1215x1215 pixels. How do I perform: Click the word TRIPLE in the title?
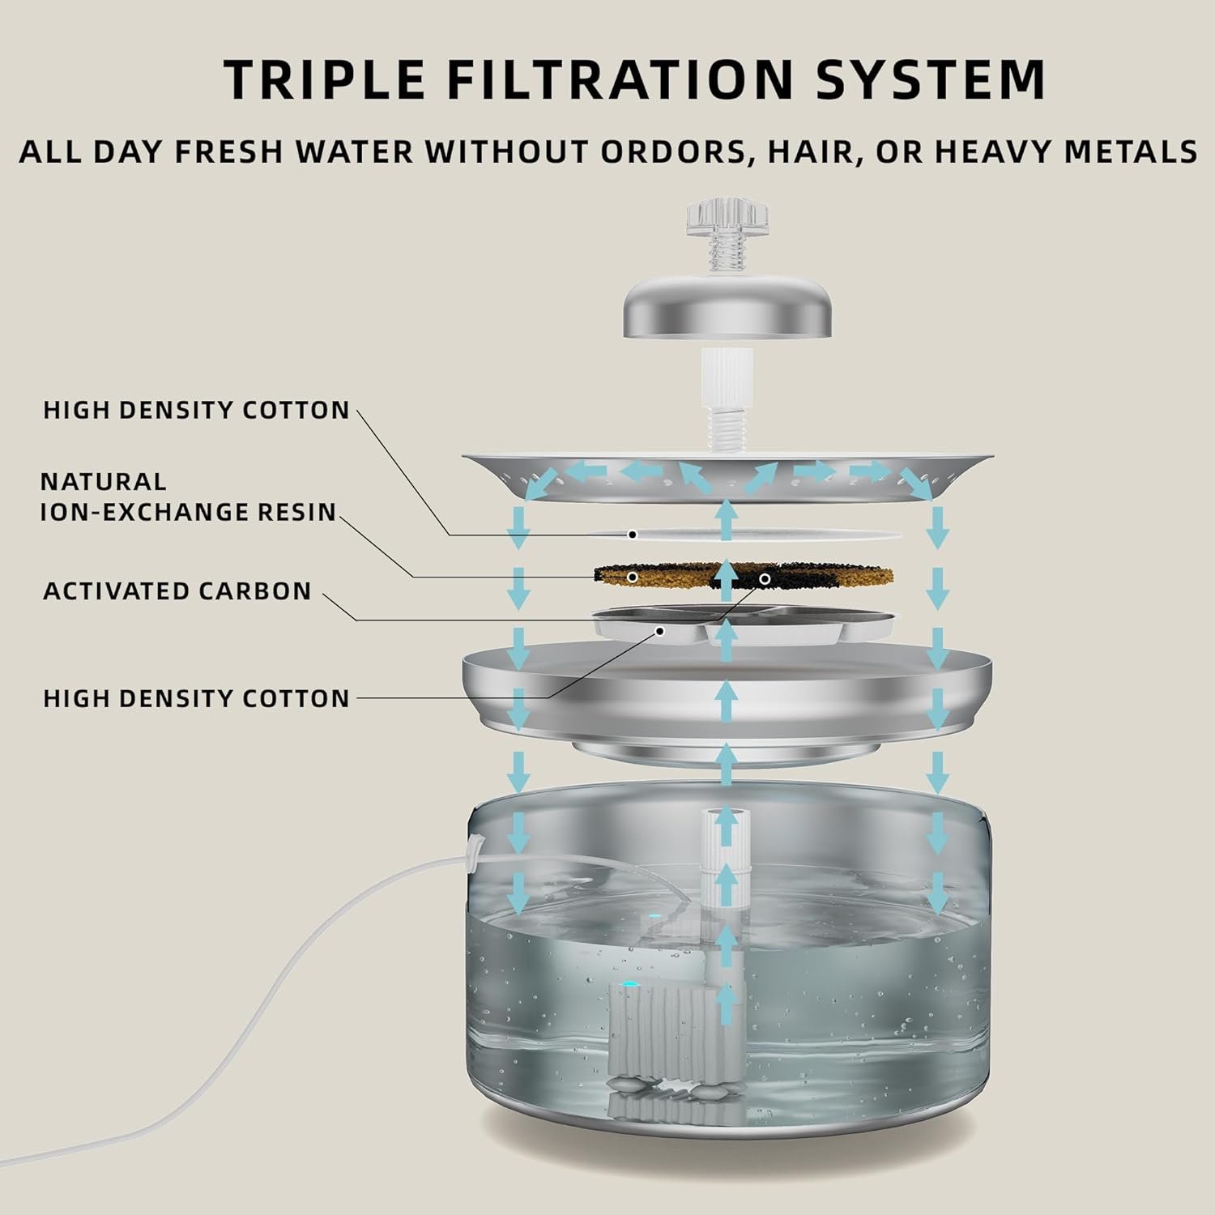coord(324,79)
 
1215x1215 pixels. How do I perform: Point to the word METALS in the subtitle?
coord(1126,151)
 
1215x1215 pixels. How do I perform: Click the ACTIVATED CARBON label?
coord(177,591)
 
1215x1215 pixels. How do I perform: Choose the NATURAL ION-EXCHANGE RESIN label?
coord(189,497)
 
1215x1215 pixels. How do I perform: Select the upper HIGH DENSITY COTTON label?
coord(196,410)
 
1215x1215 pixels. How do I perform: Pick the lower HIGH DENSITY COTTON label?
coord(196,698)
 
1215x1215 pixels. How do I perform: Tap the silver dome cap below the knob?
coord(727,313)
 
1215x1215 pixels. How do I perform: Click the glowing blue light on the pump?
coord(630,985)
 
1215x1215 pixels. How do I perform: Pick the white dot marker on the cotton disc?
coord(633,535)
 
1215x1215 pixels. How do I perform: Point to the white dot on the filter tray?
coord(661,630)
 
